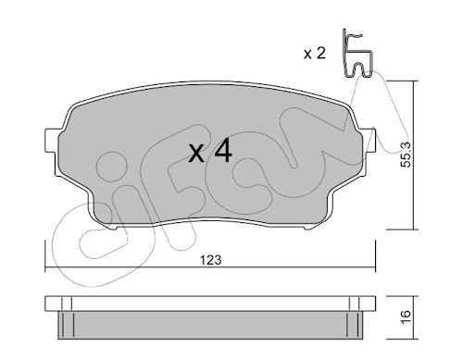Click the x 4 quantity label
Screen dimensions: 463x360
210,151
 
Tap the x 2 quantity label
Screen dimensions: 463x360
315,54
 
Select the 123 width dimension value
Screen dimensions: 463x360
211,260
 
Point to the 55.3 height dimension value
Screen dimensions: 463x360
407,155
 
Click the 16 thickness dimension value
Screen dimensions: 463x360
407,317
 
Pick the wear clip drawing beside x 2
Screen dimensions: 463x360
357,54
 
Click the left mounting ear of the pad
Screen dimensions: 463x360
51,141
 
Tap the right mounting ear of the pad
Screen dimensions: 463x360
369,141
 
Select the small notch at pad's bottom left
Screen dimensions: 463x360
113,228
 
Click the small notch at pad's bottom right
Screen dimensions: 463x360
308,228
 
